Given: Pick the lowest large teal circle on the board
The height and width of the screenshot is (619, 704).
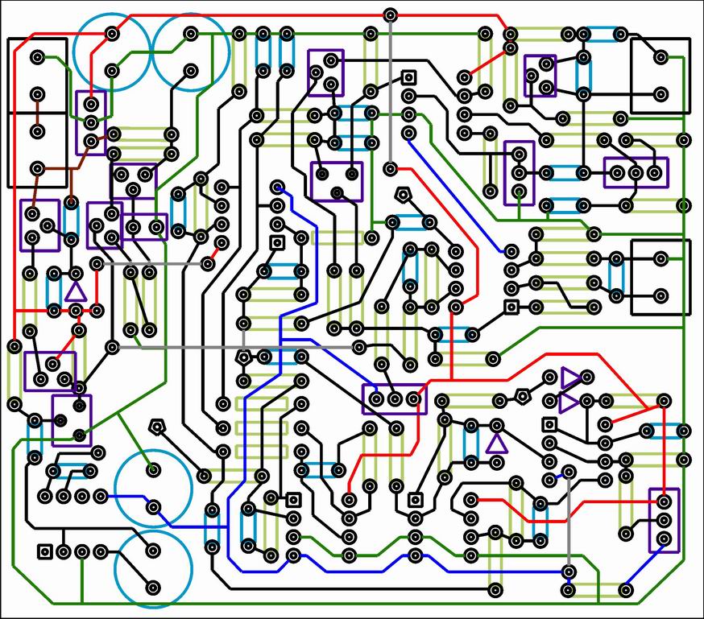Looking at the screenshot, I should [153, 569].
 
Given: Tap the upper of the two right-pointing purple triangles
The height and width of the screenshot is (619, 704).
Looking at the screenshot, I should [570, 377].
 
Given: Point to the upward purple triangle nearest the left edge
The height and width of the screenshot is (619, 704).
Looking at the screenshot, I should [75, 291].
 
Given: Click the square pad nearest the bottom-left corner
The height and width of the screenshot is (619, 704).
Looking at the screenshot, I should [45, 551].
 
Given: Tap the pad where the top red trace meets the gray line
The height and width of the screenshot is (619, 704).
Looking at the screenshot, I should [391, 14].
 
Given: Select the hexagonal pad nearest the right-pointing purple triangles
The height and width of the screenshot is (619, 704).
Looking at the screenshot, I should [523, 395].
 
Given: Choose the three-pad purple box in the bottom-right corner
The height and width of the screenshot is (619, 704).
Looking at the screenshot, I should [664, 520].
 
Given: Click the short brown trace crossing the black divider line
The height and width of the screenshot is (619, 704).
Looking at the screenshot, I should [35, 113].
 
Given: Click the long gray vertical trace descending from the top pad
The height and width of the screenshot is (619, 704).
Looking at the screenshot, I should [391, 89].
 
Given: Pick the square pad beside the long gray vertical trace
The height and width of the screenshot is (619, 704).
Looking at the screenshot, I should [408, 77].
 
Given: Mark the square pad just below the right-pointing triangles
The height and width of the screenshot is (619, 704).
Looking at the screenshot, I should [549, 424].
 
